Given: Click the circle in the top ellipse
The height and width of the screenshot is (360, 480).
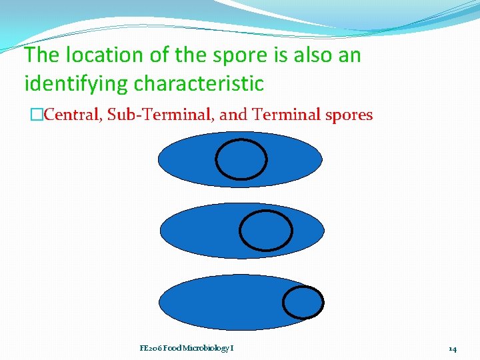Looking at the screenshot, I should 241,159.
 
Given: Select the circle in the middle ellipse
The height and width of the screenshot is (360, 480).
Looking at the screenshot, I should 265,230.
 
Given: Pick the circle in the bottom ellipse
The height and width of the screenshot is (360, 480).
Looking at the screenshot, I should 303,302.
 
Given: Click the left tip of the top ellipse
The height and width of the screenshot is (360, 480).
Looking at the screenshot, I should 160,159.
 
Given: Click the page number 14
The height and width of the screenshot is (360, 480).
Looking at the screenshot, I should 452,348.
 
